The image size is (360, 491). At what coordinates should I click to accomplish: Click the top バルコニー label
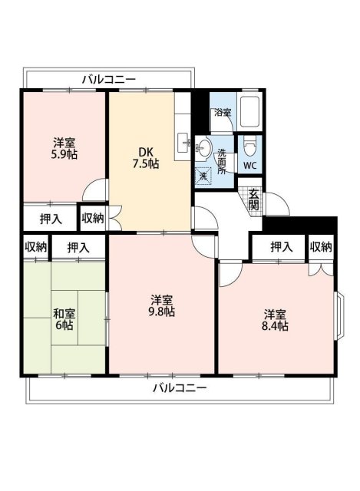pyautogui.click(x=108, y=78)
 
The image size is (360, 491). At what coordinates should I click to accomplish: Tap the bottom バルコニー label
pyautogui.click(x=179, y=387)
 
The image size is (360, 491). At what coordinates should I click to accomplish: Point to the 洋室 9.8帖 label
pyautogui.click(x=162, y=305)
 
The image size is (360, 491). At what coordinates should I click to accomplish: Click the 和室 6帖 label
pyautogui.click(x=64, y=319)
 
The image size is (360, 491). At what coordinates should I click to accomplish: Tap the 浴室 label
pyautogui.click(x=223, y=113)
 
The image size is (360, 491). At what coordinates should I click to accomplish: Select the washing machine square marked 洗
pyautogui.click(x=203, y=176)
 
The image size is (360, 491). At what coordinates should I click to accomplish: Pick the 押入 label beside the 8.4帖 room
pyautogui.click(x=281, y=247)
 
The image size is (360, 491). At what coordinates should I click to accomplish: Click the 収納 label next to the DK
pyautogui.click(x=92, y=219)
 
